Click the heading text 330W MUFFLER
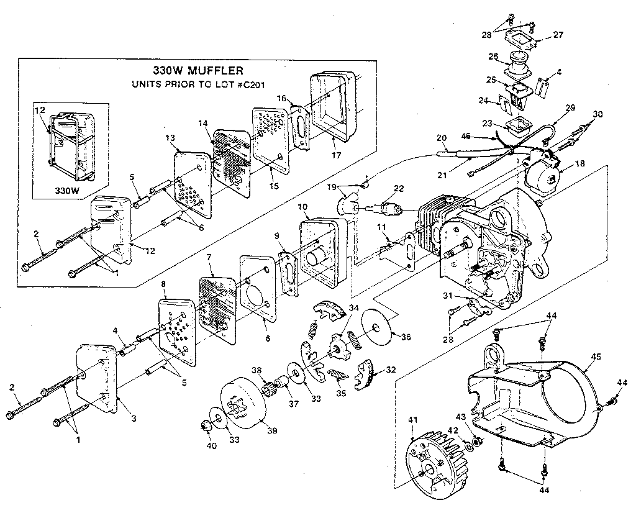[198, 70]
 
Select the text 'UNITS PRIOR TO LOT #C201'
[198, 84]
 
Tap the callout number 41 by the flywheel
[412, 420]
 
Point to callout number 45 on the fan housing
[596, 357]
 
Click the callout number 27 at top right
[558, 35]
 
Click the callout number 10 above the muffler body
[302, 207]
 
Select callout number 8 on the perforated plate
[163, 286]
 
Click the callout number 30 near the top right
[597, 114]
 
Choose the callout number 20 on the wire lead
[442, 137]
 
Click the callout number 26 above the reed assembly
[493, 57]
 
